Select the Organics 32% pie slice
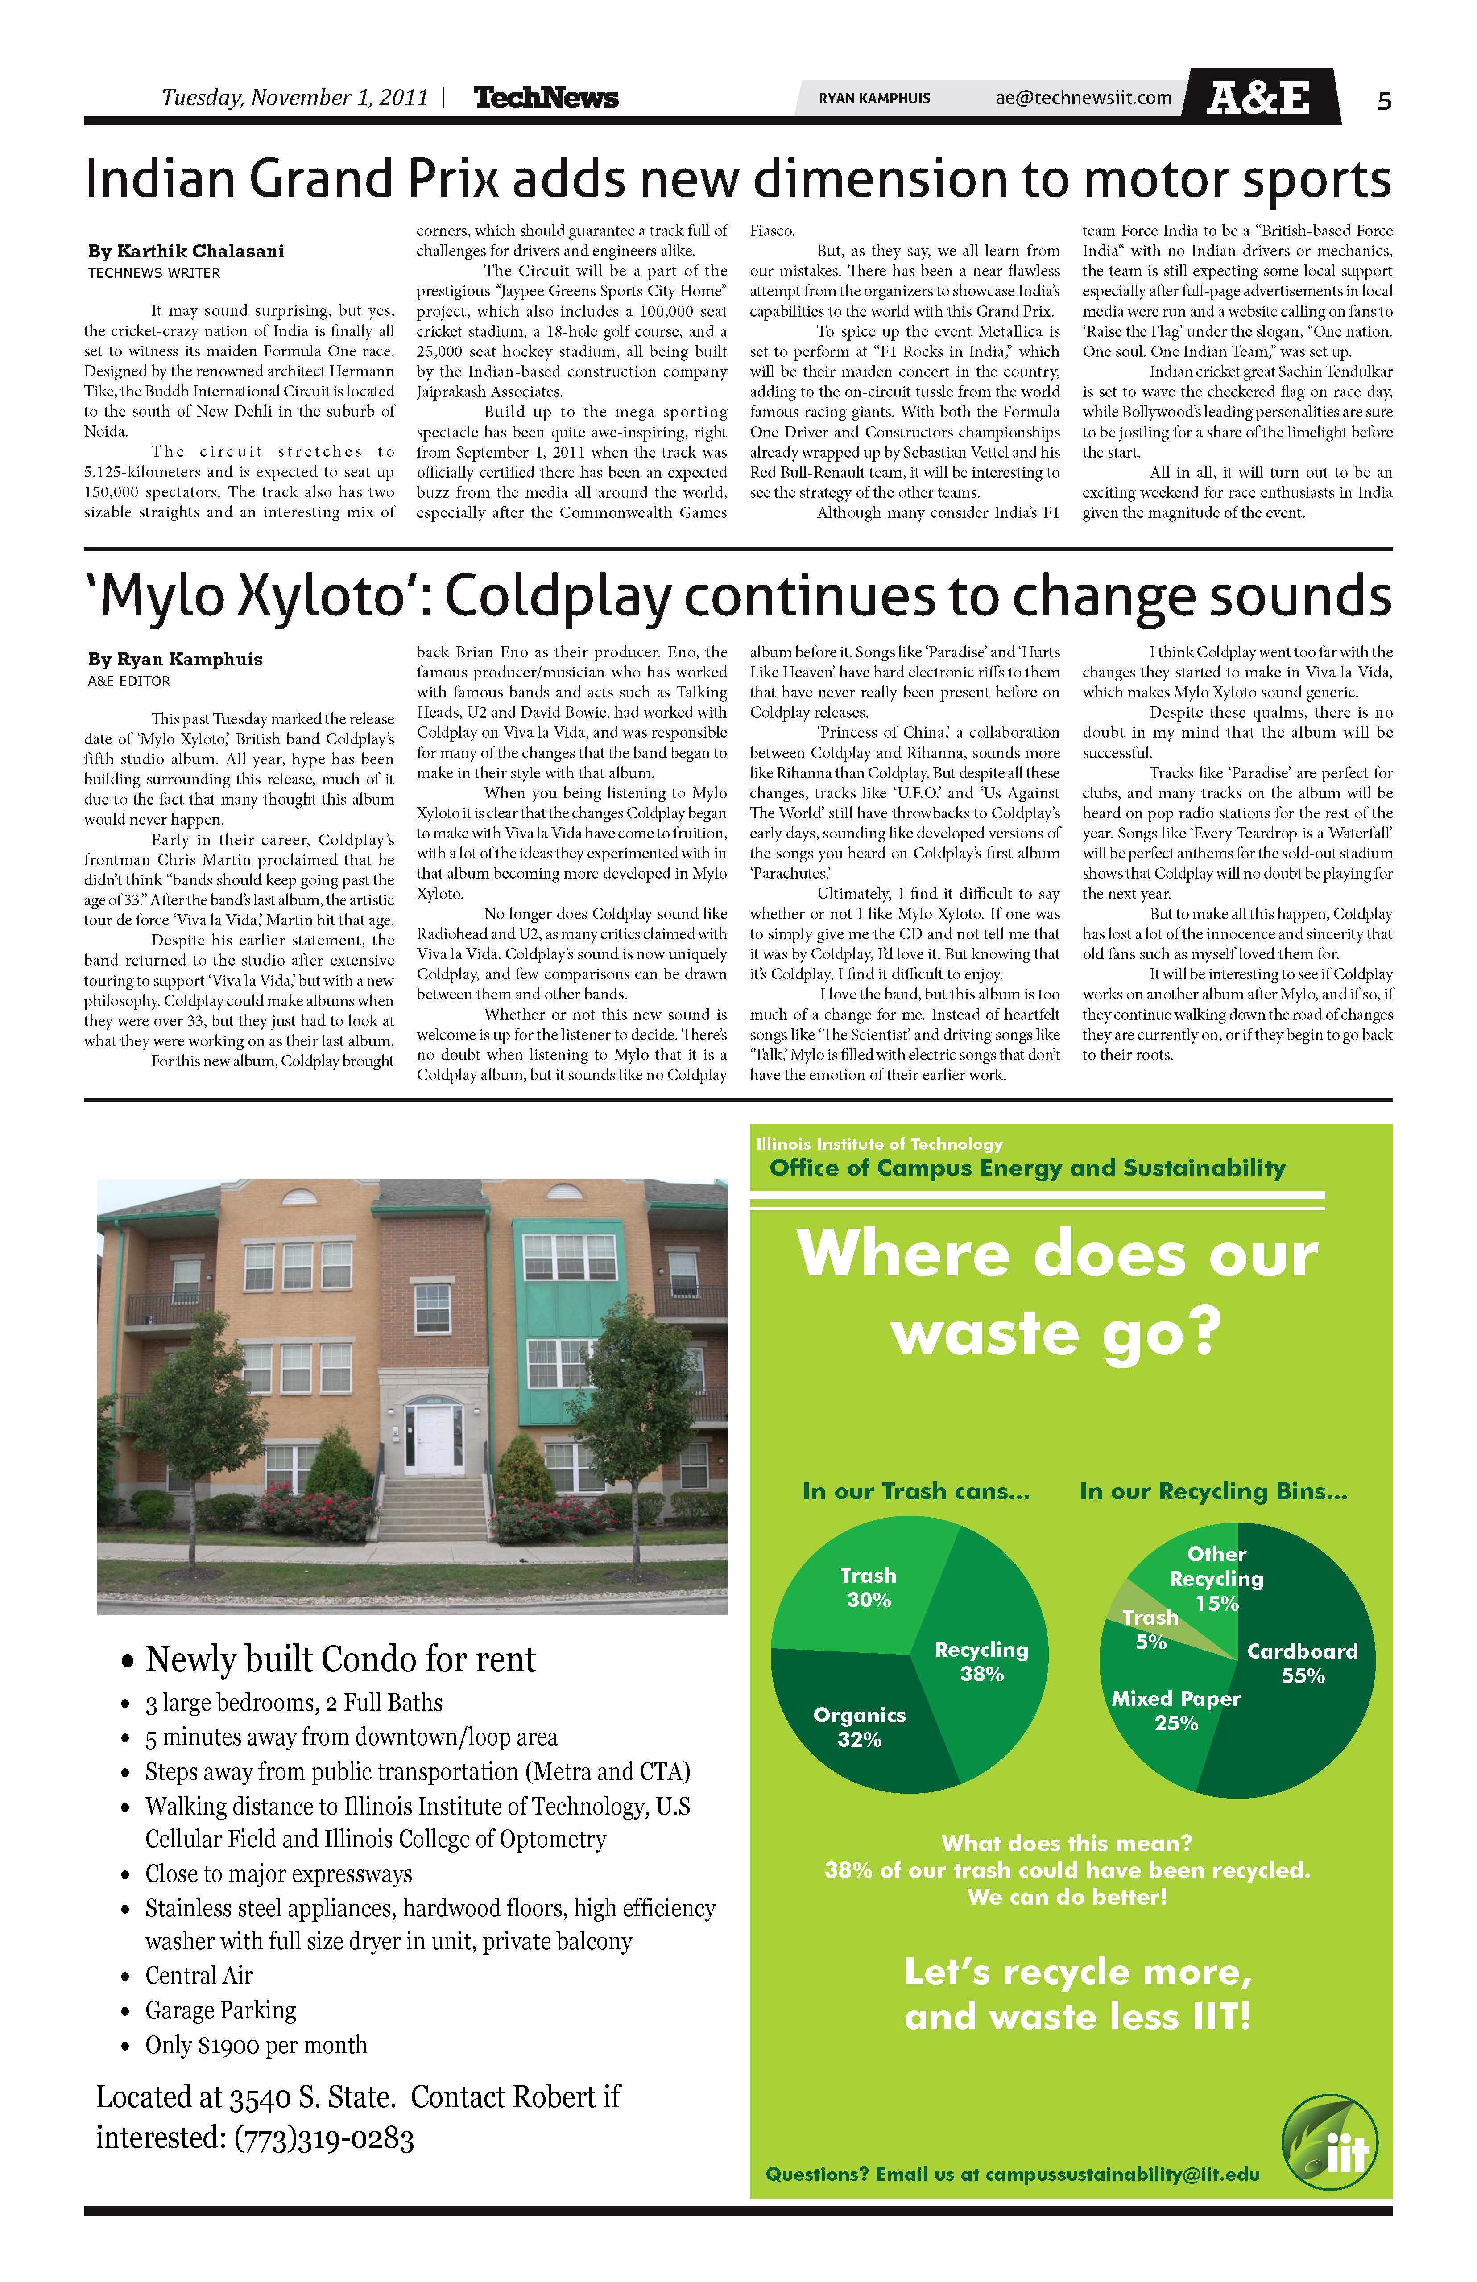(x=844, y=1721)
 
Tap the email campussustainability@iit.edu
(x=1122, y=2175)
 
